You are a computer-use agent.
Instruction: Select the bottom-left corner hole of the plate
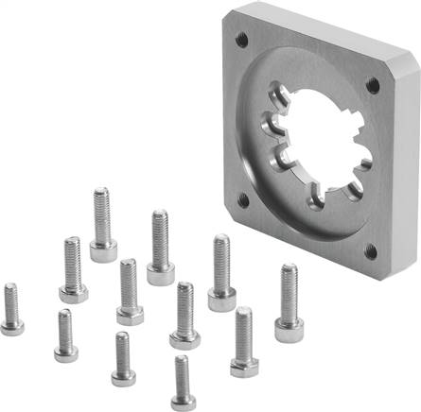[x=243, y=199]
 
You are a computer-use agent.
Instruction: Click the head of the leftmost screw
[x=12, y=326]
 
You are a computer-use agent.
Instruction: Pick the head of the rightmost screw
[x=288, y=330]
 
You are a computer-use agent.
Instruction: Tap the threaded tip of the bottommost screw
[x=182, y=360]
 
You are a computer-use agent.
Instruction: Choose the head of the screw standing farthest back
[x=103, y=251]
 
